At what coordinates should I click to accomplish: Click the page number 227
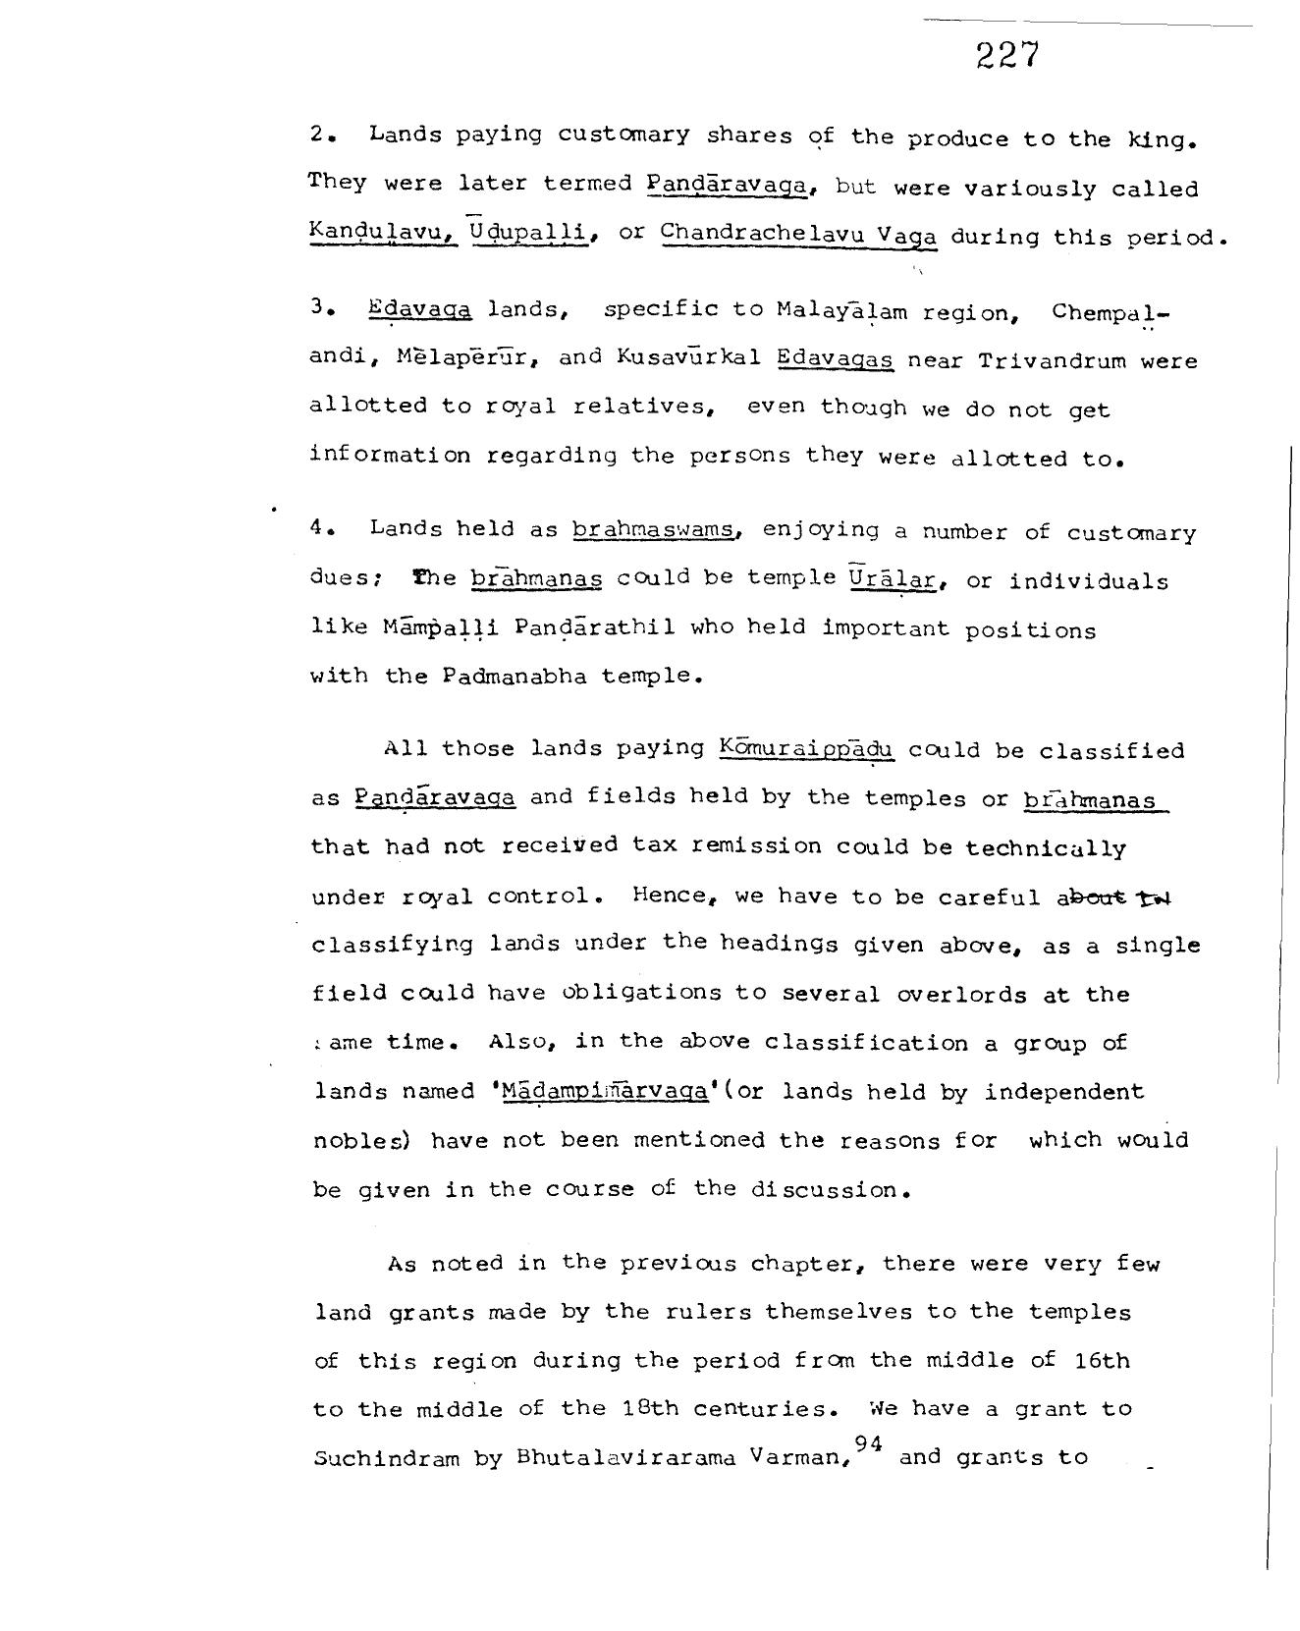coord(1006,55)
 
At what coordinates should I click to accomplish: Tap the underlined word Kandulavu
coord(383,232)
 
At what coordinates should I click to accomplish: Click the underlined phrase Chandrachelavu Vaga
coord(799,235)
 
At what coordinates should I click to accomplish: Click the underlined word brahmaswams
coord(654,530)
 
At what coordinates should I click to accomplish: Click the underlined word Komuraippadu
coord(806,749)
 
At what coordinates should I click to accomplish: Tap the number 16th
coord(1098,1360)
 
